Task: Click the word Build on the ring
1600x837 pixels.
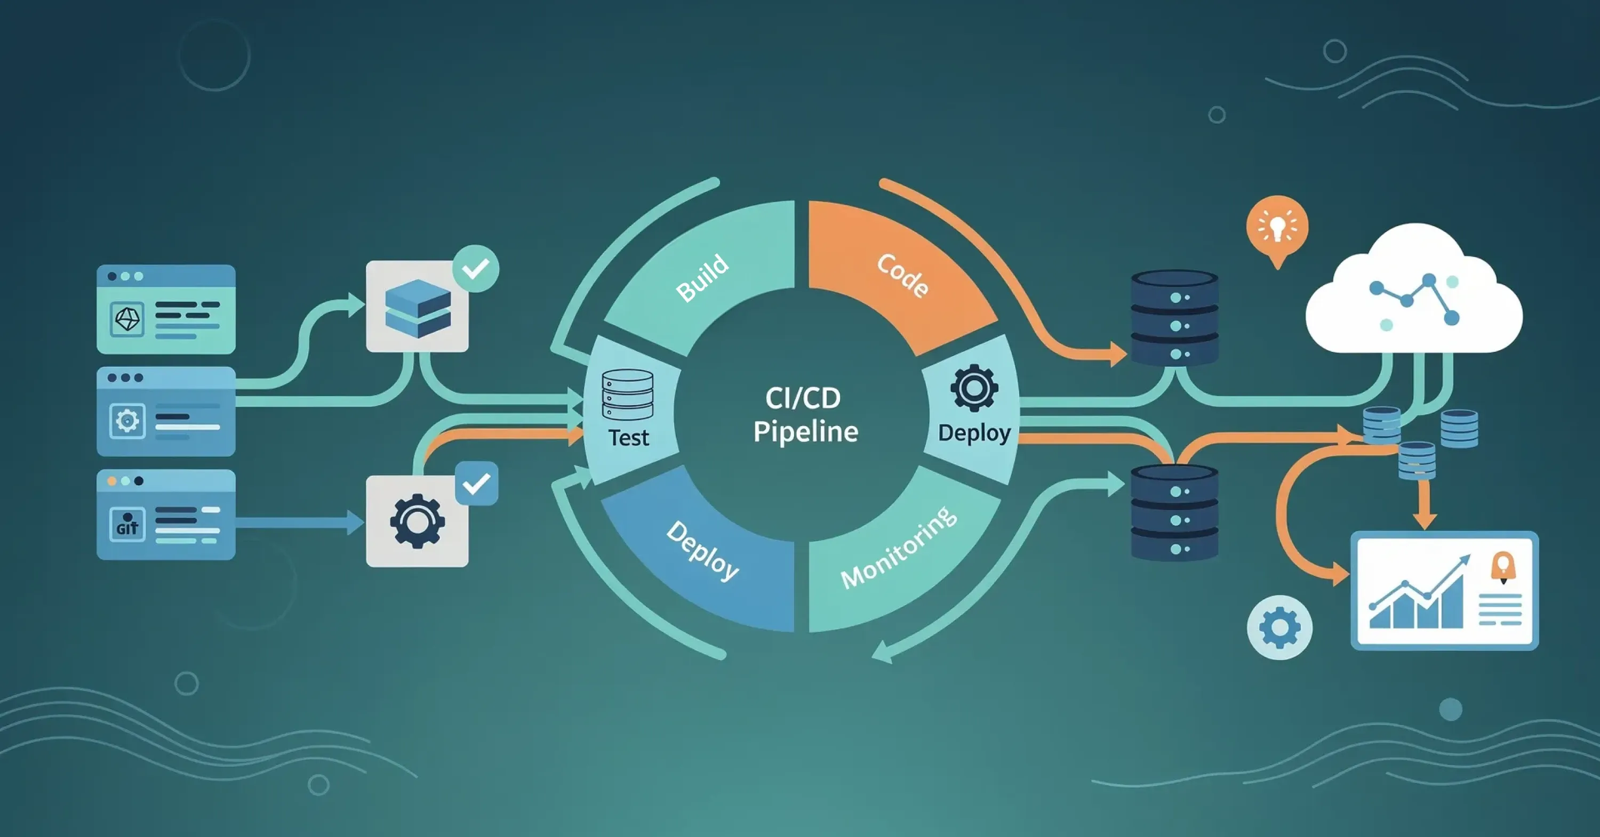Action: click(702, 278)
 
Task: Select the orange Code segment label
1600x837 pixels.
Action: click(903, 275)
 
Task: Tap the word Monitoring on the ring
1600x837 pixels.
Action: click(898, 547)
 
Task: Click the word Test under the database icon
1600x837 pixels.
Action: click(628, 438)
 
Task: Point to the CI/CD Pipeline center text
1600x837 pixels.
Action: click(805, 415)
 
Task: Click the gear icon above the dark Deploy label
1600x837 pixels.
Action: click(974, 388)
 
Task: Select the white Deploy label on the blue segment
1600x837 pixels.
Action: click(702, 550)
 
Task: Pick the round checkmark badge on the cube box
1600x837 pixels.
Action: click(476, 269)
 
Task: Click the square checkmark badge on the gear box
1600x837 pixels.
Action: click(476, 484)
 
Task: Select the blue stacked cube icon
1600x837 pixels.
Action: click(418, 308)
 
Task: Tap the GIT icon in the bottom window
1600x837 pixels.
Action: click(127, 525)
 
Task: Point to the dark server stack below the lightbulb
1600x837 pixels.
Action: click(1174, 317)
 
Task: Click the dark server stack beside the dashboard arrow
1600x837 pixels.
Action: click(1174, 513)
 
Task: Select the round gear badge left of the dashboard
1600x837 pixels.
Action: click(1279, 627)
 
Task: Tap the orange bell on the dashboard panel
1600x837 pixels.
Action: click(1503, 567)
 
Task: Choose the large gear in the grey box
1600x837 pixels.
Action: click(418, 521)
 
